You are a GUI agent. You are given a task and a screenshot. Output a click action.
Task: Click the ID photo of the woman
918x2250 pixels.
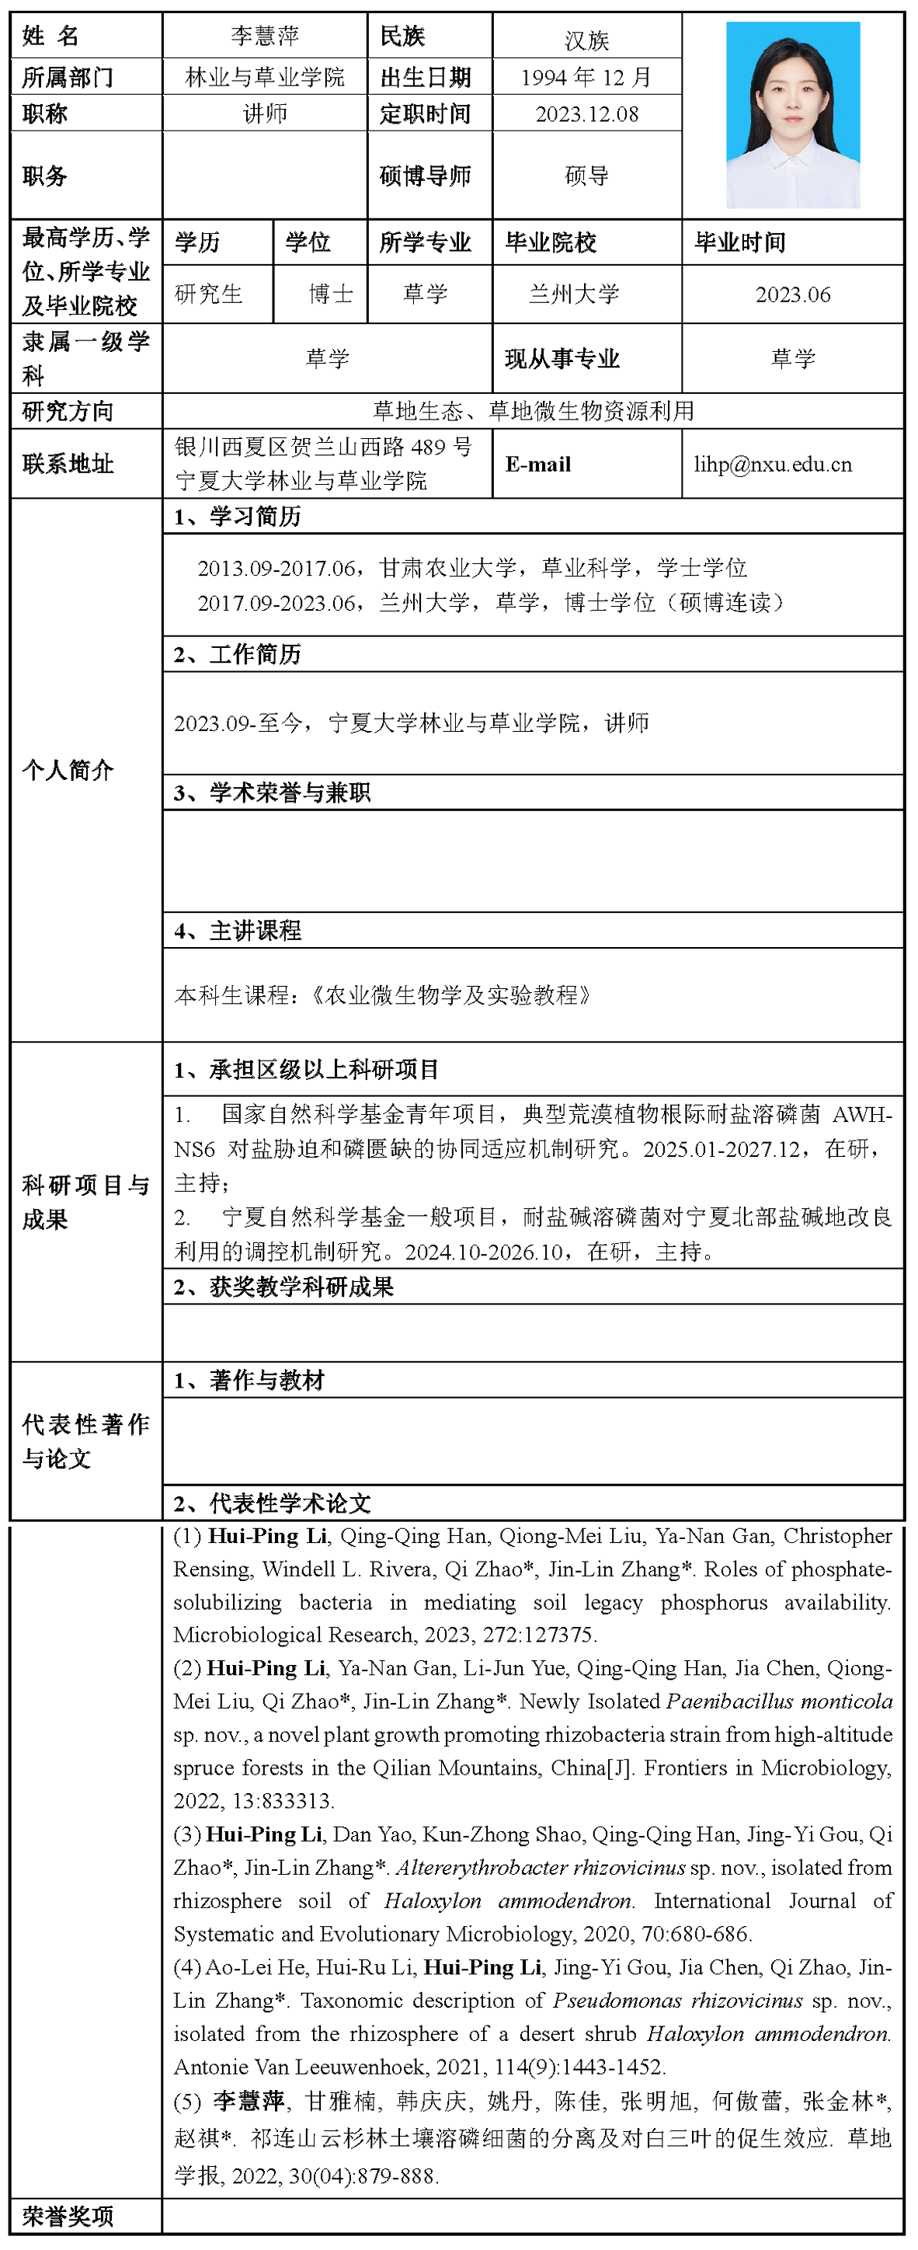(792, 114)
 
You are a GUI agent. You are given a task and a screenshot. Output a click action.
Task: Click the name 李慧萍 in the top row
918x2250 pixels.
(265, 36)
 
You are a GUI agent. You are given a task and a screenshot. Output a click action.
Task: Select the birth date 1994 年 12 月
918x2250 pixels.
(586, 78)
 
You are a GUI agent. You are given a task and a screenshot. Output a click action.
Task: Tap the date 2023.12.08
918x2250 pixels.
(587, 114)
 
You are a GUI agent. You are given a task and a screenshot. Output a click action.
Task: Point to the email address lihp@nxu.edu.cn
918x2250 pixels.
(773, 465)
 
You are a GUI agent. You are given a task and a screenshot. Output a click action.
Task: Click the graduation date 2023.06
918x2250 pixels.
(792, 294)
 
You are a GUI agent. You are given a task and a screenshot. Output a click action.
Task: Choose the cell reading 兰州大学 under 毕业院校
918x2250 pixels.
(574, 294)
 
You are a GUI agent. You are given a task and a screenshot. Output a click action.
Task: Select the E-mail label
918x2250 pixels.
(538, 465)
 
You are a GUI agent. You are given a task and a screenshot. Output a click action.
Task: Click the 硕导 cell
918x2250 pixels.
(586, 176)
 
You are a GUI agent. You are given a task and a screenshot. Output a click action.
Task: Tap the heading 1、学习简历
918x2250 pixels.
(238, 517)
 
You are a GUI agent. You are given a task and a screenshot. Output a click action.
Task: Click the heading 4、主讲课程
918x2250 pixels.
(238, 931)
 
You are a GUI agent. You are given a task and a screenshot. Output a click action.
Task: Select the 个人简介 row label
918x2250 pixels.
(68, 769)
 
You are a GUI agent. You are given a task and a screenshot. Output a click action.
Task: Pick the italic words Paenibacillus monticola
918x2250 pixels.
(779, 1701)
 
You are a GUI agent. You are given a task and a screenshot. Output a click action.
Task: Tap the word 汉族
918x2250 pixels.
(586, 40)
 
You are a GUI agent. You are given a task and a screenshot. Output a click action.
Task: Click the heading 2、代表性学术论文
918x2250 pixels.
(273, 1503)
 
